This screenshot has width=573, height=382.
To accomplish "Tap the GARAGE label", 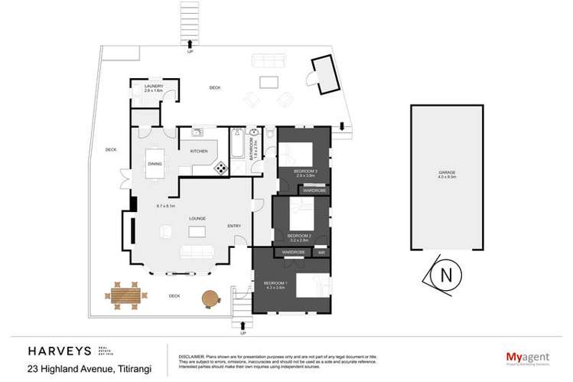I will coord(447,173).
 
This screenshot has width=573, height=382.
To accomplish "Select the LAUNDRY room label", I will coord(154,87).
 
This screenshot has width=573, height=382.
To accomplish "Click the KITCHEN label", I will coord(199,151).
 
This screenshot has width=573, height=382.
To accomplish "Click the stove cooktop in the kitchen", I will coord(221,168).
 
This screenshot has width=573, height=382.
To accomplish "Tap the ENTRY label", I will coord(234,225).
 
